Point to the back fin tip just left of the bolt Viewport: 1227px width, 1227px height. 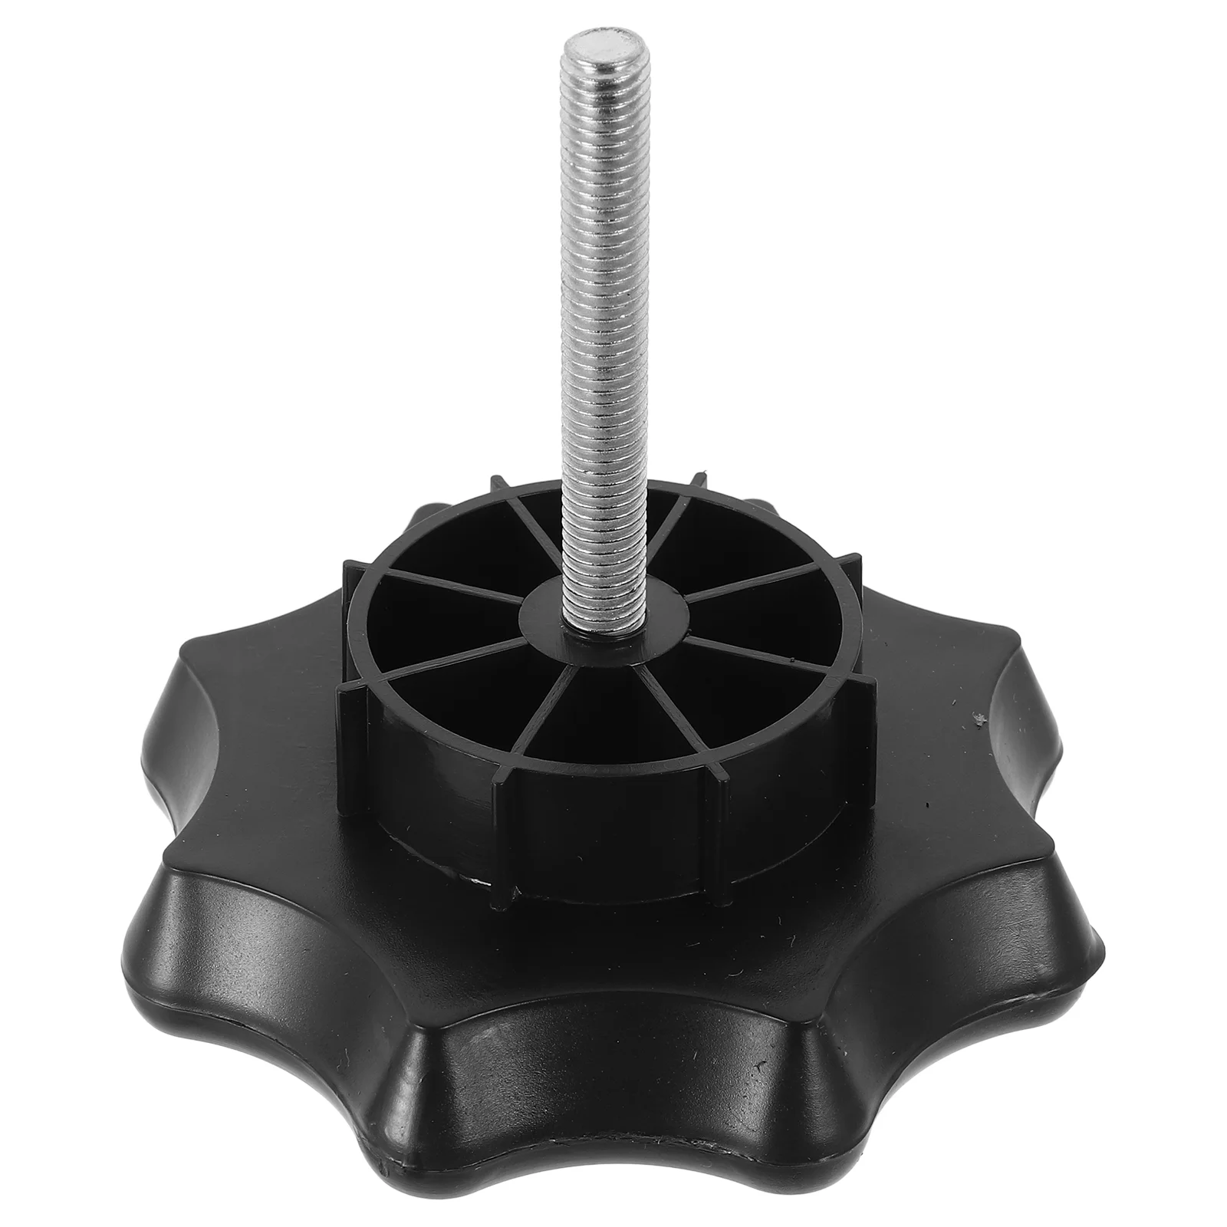pos(498,479)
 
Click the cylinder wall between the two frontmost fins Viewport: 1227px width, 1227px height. pos(606,813)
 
